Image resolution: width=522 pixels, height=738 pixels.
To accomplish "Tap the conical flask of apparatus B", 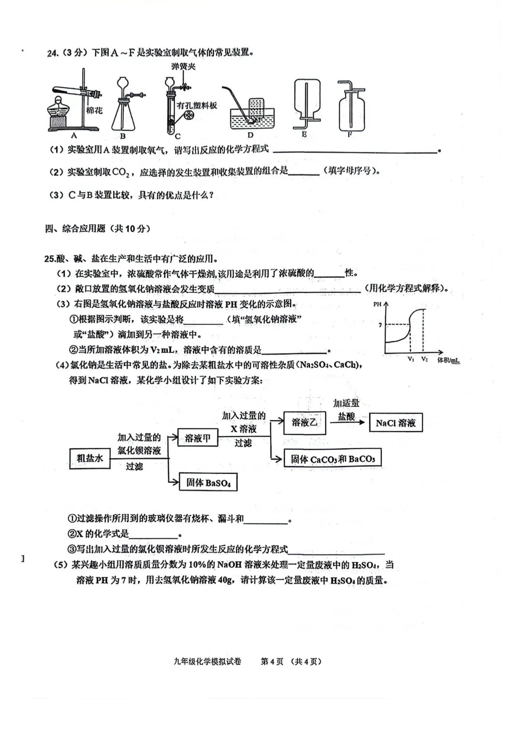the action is point(123,116).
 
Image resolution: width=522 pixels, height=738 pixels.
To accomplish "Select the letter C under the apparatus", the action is point(177,136).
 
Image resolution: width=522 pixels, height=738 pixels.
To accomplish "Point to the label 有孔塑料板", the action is point(197,106).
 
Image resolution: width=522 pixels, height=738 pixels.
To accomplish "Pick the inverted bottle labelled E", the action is point(306,101).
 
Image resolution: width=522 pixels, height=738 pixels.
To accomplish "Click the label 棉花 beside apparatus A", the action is point(94,111).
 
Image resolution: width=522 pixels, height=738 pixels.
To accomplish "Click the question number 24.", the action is point(53,54).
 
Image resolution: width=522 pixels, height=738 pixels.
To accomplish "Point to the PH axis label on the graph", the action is point(377,304).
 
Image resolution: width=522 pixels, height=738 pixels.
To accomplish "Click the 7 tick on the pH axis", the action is point(380,325).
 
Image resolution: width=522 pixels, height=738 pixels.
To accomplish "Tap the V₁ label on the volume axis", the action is point(410,359).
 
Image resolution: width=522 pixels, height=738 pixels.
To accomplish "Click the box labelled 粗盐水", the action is point(90,458).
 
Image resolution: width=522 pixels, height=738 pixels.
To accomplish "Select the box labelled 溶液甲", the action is point(198,439).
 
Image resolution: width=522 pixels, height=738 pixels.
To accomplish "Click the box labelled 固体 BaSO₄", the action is point(208,483).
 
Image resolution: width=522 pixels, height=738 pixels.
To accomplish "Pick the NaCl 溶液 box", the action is point(395,423).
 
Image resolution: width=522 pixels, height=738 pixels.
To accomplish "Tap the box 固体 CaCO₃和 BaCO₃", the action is point(333,459).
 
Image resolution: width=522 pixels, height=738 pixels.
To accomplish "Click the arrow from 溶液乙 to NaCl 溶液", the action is point(347,422).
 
